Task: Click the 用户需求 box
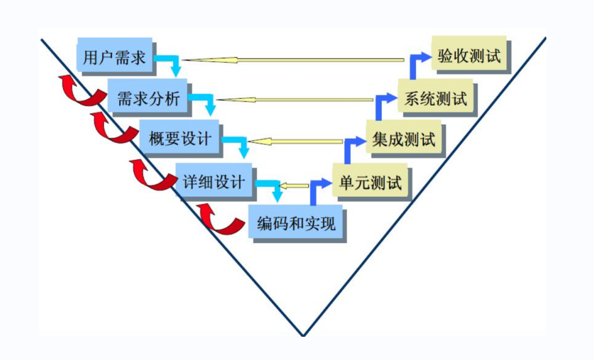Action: [x=115, y=57]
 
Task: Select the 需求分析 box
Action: [x=148, y=97]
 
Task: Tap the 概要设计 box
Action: [x=180, y=138]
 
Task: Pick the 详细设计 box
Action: [x=214, y=181]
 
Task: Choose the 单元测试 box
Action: [x=371, y=182]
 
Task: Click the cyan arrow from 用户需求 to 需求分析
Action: [x=170, y=63]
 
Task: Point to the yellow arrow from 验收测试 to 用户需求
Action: [x=293, y=60]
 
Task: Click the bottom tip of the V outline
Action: [x=302, y=335]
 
